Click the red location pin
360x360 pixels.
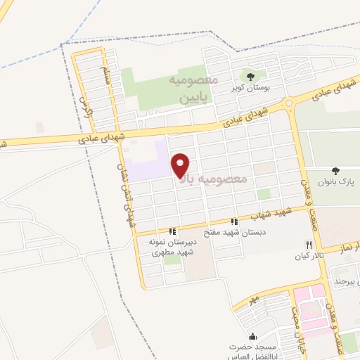click(181, 164)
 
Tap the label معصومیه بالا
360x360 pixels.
click(214, 179)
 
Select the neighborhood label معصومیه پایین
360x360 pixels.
click(186, 90)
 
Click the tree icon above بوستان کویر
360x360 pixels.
click(250, 76)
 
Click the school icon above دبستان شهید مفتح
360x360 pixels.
click(234, 221)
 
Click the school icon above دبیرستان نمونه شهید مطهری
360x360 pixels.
click(172, 231)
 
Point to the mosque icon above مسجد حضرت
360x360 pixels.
click(253, 336)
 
